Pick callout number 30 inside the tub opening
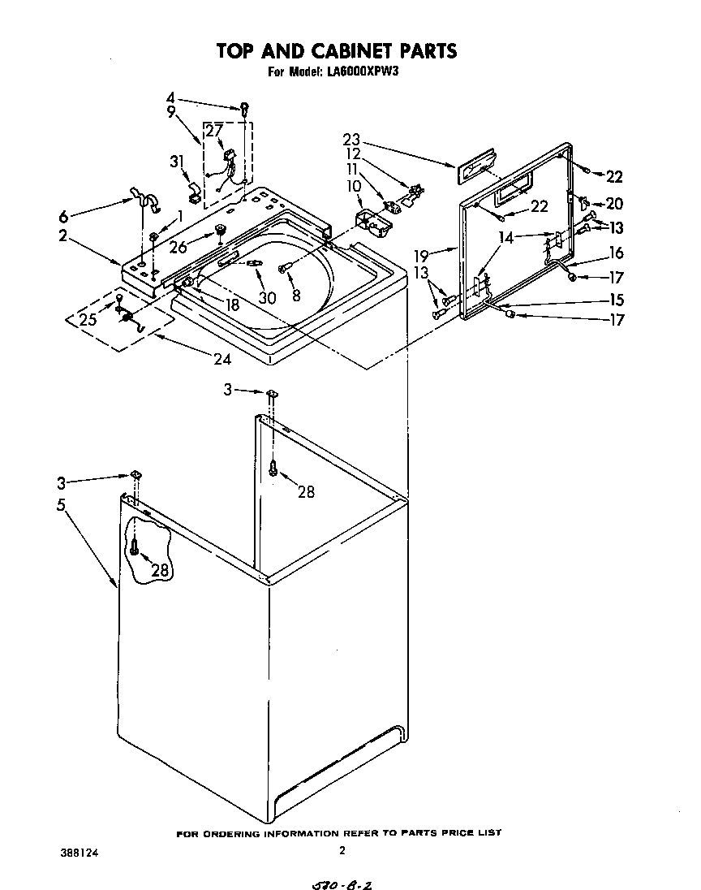click(x=267, y=297)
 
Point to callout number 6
click(x=63, y=217)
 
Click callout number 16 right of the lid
click(x=616, y=253)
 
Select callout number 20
click(x=614, y=204)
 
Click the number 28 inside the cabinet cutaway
click(x=160, y=570)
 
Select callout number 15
click(x=616, y=299)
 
